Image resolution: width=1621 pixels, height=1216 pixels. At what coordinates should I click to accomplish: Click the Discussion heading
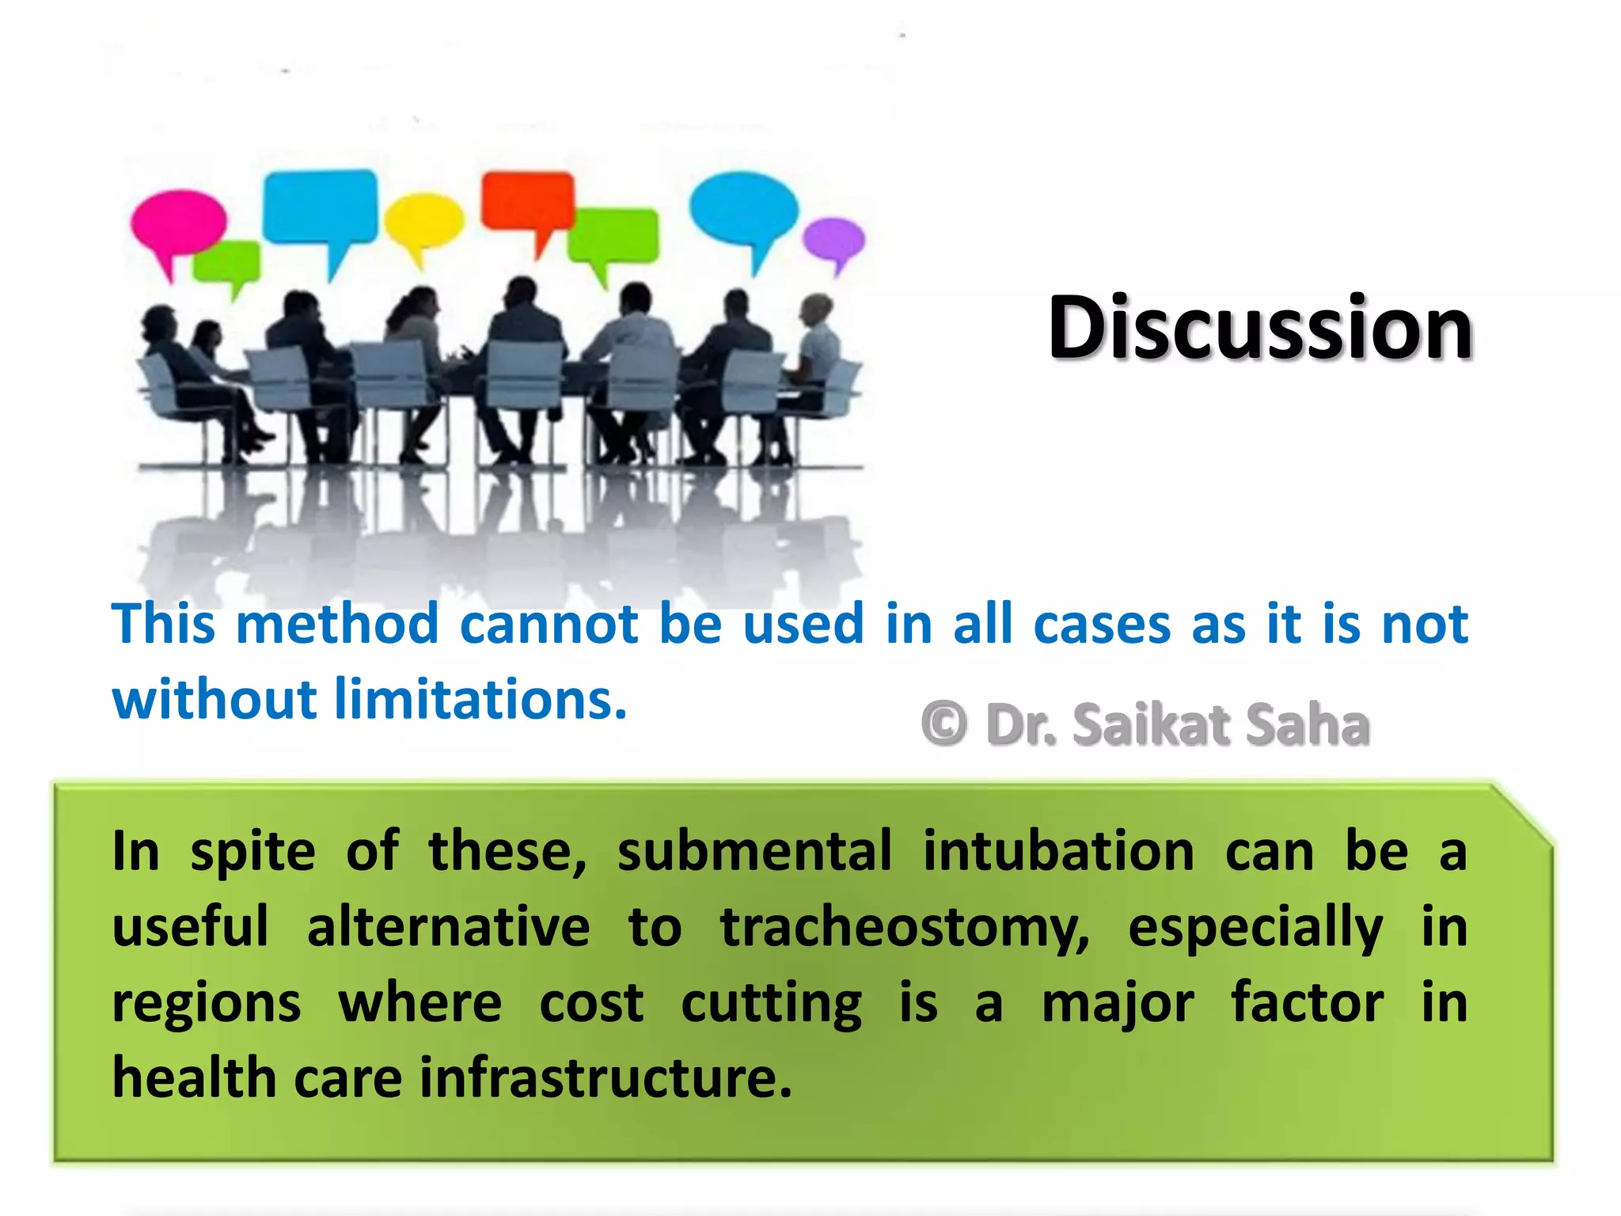[x=1260, y=328]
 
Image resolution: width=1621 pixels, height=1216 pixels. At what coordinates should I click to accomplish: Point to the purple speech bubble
[x=834, y=241]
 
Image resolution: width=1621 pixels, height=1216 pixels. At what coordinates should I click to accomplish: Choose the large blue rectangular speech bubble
[x=321, y=207]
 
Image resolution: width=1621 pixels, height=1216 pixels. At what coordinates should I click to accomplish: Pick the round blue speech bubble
[x=743, y=207]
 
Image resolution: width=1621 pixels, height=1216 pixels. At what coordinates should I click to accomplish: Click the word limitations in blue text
[x=480, y=700]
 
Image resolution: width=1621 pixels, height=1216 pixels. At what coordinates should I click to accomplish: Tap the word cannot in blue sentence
[x=549, y=624]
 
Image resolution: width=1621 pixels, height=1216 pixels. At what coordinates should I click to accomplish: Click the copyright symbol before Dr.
[x=943, y=724]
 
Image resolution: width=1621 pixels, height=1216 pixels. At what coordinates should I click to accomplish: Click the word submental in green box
[x=754, y=852]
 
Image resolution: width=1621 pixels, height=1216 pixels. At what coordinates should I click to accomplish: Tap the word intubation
[x=1058, y=852]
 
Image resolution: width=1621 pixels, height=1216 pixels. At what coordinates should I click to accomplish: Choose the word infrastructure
[x=606, y=1078]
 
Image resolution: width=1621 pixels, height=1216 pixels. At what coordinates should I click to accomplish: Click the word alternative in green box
[x=448, y=928]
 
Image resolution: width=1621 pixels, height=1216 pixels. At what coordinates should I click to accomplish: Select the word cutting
[x=771, y=1004]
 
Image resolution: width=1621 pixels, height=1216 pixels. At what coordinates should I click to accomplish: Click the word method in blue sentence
[x=337, y=624]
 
